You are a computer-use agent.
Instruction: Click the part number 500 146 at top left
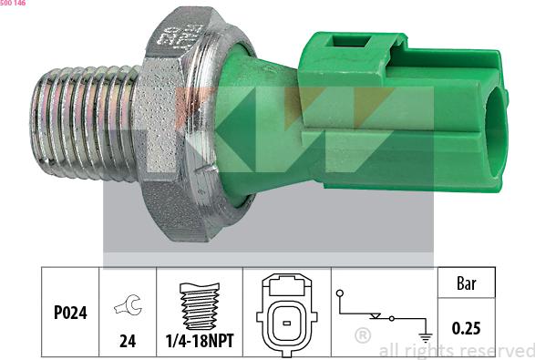coord(13,3)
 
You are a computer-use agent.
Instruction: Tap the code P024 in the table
coord(70,313)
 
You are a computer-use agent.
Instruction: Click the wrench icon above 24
coord(128,304)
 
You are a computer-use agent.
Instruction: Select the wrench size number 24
coord(128,341)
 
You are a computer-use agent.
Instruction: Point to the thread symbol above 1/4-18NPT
coord(200,306)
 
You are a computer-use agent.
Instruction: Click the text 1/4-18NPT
coord(200,341)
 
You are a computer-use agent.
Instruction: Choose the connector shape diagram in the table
coord(286,314)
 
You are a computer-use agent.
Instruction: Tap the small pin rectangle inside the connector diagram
coord(286,323)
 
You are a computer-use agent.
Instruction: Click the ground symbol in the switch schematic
coord(426,337)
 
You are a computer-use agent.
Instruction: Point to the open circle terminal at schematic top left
coord(339,293)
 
